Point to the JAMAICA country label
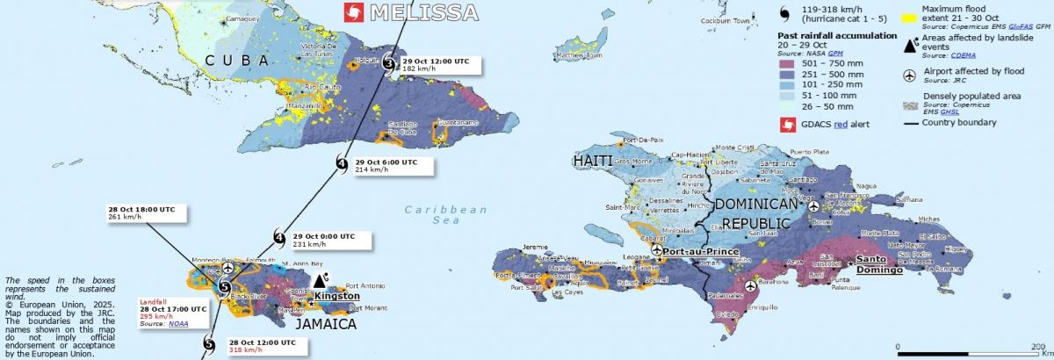(325, 324)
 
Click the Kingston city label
(337, 296)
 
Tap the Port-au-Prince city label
(699, 251)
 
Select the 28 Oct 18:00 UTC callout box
(142, 213)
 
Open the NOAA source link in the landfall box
(183, 324)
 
